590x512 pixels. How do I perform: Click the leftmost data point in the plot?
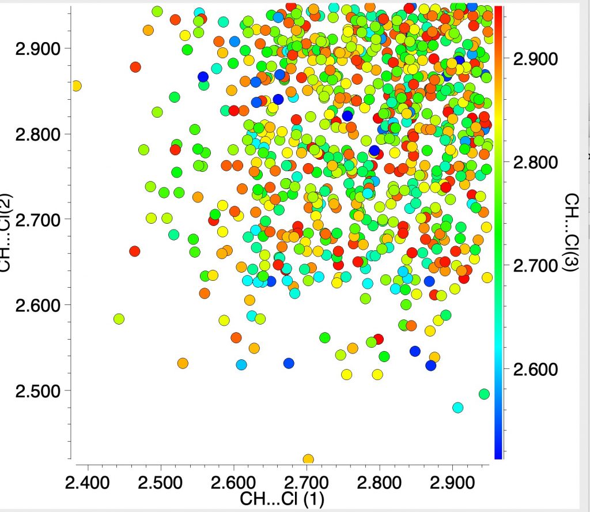click(x=75, y=86)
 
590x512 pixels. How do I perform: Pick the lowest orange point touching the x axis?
click(x=308, y=460)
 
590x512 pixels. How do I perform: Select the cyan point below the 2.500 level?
click(x=458, y=407)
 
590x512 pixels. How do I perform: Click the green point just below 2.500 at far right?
click(x=484, y=394)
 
